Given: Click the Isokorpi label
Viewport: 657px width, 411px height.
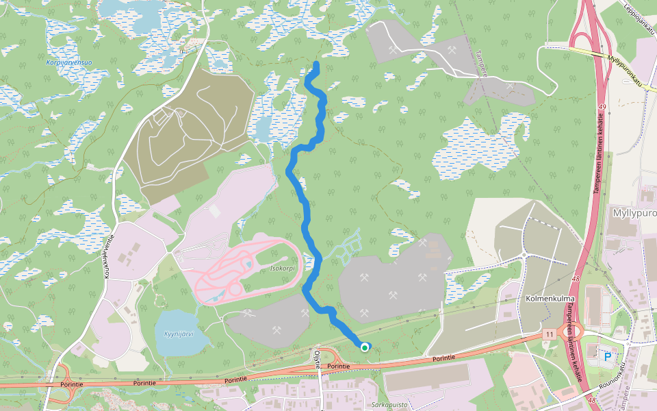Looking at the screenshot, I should click(282, 269).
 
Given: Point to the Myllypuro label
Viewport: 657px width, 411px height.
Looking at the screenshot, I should click(631, 213).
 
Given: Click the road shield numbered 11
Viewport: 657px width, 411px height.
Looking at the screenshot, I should click(549, 334).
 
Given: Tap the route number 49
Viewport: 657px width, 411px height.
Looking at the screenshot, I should click(602, 108).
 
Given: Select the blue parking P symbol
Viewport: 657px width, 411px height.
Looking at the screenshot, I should click(607, 356).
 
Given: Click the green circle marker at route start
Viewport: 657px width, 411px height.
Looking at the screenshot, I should click(365, 347).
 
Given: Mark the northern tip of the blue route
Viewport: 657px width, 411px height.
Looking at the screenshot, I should click(317, 64).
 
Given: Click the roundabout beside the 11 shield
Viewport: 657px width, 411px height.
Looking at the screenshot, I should click(569, 332).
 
